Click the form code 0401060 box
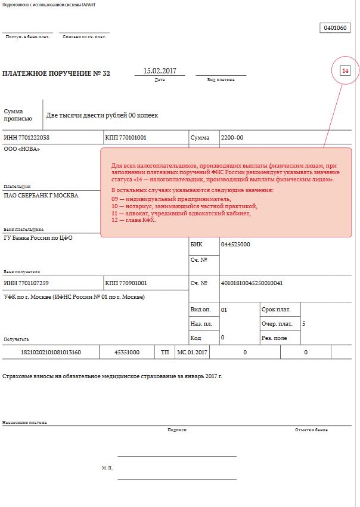pyautogui.click(x=335, y=28)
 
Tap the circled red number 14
pyautogui.click(x=345, y=72)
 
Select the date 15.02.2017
pyautogui.click(x=160, y=71)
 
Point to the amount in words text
pyautogui.click(x=103, y=115)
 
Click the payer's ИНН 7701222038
pyautogui.click(x=27, y=138)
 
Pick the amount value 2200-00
pyautogui.click(x=232, y=138)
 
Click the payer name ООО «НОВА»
pyautogui.click(x=22, y=149)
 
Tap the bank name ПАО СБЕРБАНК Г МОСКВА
pyautogui.click(x=41, y=195)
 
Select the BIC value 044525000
pyautogui.click(x=235, y=245)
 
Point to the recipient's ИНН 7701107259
pyautogui.click(x=27, y=283)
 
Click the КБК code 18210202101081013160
pyautogui.click(x=51, y=353)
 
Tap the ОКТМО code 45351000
pyautogui.click(x=127, y=353)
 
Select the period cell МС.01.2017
pyautogui.click(x=193, y=353)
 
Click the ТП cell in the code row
pyautogui.click(x=165, y=353)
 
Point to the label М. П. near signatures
pyautogui.click(x=107, y=468)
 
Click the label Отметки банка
pyautogui.click(x=311, y=429)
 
